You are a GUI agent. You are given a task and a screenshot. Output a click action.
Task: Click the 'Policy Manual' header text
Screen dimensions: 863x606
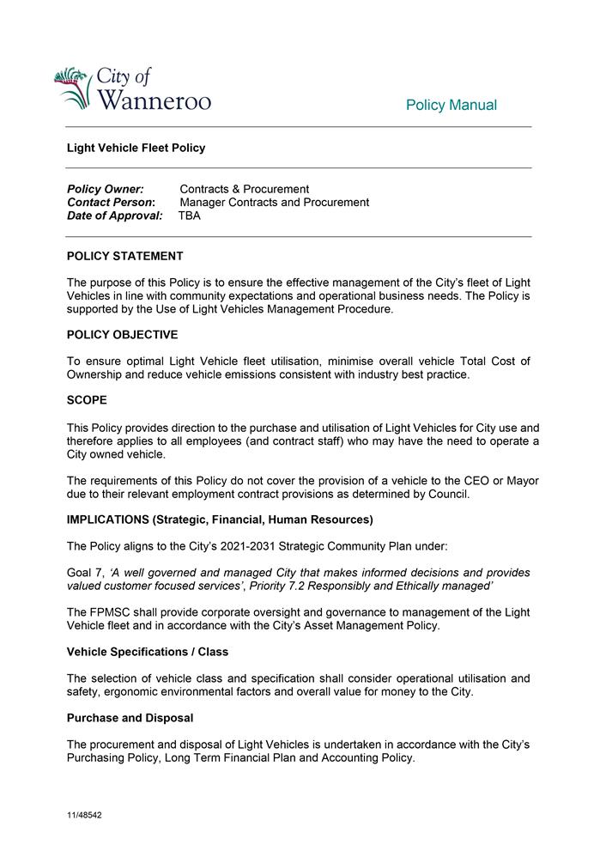(x=451, y=106)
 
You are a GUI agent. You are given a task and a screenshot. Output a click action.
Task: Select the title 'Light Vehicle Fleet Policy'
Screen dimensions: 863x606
(x=136, y=148)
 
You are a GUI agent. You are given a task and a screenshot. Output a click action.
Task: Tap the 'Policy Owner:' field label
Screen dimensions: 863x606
(x=106, y=189)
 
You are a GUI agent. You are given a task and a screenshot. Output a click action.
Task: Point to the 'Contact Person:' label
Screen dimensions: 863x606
(x=111, y=203)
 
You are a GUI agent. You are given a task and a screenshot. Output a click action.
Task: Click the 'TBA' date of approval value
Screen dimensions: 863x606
(x=190, y=216)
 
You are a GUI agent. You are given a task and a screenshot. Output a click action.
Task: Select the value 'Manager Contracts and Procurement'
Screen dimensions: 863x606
(x=275, y=203)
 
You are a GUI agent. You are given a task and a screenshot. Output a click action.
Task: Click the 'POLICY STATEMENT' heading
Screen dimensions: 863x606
(x=125, y=256)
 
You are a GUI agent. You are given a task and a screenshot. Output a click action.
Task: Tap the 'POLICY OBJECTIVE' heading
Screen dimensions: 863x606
(x=123, y=335)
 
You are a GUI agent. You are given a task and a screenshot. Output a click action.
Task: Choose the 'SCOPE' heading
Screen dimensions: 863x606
(x=87, y=400)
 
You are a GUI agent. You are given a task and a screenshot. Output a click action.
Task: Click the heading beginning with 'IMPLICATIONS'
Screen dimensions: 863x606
(x=220, y=520)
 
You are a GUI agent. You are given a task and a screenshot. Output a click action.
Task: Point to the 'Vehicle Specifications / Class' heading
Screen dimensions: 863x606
(x=148, y=652)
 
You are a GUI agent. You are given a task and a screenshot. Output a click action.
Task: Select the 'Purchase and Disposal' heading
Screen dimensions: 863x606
(x=130, y=718)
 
